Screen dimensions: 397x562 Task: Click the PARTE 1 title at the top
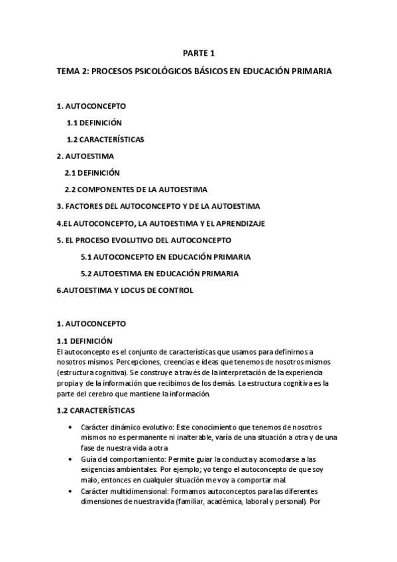pyautogui.click(x=199, y=54)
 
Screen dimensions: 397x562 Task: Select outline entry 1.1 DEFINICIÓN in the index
pyautogui.click(x=94, y=123)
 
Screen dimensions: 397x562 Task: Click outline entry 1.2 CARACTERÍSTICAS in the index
pyautogui.click(x=105, y=140)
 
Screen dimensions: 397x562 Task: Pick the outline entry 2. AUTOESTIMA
pyautogui.click(x=85, y=156)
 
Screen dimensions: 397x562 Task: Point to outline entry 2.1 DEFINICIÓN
pyautogui.click(x=92, y=173)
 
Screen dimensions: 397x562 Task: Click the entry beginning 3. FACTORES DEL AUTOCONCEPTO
pyautogui.click(x=158, y=206)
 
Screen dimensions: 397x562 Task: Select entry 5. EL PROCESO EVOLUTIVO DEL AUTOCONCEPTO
pyautogui.click(x=153, y=240)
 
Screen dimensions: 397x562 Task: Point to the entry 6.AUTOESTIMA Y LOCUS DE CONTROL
pyautogui.click(x=125, y=290)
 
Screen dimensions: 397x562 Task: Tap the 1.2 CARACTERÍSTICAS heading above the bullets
pyautogui.click(x=95, y=410)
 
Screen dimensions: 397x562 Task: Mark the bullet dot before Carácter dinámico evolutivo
pyautogui.click(x=71, y=428)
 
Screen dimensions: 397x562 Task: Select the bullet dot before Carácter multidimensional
pyautogui.click(x=71, y=492)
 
